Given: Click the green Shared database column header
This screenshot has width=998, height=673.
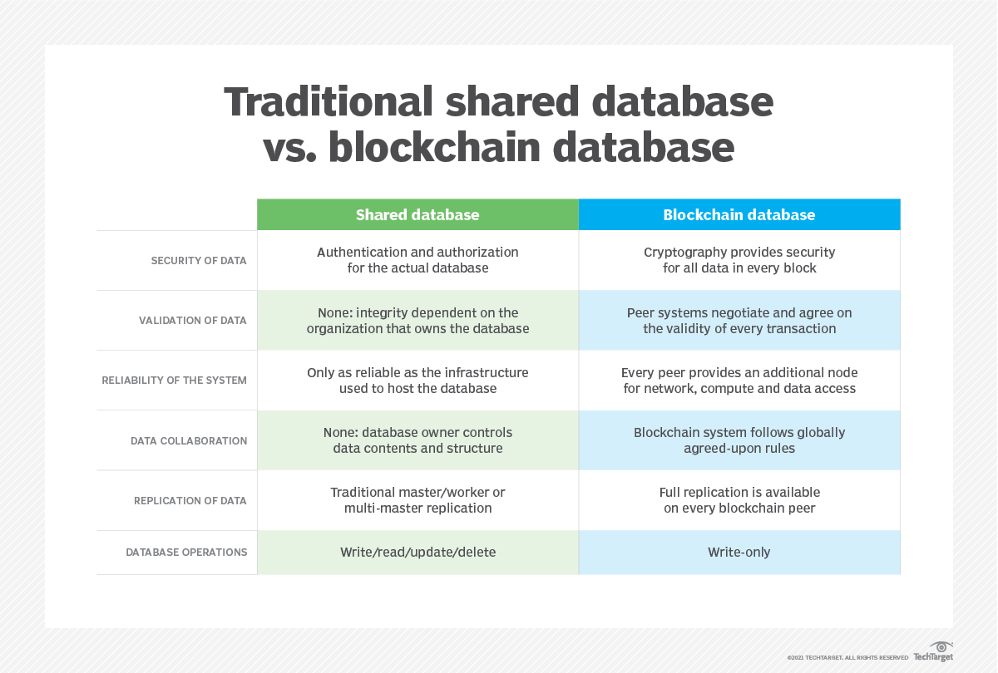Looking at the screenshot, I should pyautogui.click(x=417, y=215).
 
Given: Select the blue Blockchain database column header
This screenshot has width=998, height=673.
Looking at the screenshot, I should pyautogui.click(x=739, y=215).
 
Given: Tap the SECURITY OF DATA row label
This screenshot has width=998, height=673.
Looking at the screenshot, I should pyautogui.click(x=199, y=260).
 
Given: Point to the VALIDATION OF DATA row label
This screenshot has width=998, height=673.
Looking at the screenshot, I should pyautogui.click(x=192, y=320).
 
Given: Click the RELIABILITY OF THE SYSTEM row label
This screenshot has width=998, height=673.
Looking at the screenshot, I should pyautogui.click(x=174, y=380).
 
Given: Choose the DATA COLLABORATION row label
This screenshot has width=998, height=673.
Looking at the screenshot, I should pyautogui.click(x=189, y=440).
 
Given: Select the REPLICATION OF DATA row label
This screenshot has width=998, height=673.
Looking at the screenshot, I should pyautogui.click(x=190, y=500).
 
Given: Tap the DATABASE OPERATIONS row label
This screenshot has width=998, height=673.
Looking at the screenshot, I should pyautogui.click(x=186, y=552).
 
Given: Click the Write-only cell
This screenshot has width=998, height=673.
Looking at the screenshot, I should pyautogui.click(x=739, y=553).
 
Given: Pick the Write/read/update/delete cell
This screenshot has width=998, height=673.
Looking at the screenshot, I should pyautogui.click(x=417, y=553).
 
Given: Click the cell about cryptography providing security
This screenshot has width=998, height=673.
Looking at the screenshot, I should pyautogui.click(x=739, y=260).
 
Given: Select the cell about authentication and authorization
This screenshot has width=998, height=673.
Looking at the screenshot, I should pyautogui.click(x=417, y=260).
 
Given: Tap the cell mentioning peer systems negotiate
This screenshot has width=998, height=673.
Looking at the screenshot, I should pyautogui.click(x=739, y=320).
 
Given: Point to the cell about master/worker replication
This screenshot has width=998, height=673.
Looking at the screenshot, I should pyautogui.click(x=417, y=500).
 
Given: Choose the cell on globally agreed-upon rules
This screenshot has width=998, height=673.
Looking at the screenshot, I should pyautogui.click(x=739, y=440).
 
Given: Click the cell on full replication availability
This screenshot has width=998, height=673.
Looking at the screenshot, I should pyautogui.click(x=739, y=500).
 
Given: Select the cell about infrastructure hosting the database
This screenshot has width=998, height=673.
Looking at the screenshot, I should pyautogui.click(x=417, y=380).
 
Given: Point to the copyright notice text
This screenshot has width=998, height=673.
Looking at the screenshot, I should pyautogui.click(x=847, y=657).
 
